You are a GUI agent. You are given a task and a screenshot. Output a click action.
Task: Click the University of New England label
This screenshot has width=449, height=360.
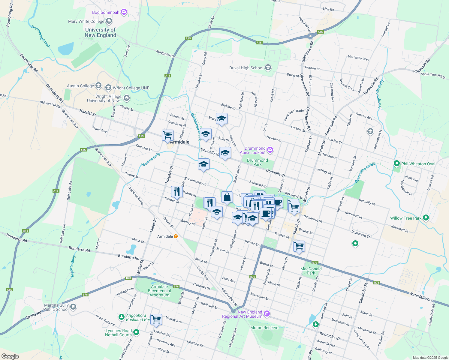(x=100, y=32)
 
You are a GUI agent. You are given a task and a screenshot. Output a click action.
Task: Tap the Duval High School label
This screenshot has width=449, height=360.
(x=246, y=68)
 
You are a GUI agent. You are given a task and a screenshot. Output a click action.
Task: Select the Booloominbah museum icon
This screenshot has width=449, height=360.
(x=124, y=12)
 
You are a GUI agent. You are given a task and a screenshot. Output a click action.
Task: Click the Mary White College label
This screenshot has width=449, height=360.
(x=86, y=21)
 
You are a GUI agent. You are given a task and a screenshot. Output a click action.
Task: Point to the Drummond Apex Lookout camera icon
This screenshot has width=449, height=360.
(x=270, y=150)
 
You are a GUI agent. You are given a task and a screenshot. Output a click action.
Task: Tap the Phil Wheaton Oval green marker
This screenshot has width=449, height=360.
(x=397, y=164)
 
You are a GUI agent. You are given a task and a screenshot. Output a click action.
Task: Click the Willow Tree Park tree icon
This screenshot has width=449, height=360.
(x=426, y=218)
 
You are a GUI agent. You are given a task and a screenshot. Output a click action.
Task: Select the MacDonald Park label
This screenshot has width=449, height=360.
(x=311, y=271)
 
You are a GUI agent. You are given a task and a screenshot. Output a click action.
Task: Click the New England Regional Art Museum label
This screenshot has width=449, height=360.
(x=242, y=314)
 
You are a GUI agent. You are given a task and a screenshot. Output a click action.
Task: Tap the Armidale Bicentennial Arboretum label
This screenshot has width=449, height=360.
(x=159, y=291)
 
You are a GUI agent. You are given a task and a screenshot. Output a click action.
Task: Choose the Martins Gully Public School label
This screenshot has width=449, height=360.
(x=56, y=307)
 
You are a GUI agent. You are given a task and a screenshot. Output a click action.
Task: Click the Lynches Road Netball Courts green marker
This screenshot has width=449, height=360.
(x=136, y=332)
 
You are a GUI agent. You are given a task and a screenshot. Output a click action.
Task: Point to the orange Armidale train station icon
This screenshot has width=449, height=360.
(x=176, y=236)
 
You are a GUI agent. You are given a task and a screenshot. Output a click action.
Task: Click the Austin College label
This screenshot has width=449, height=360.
(x=80, y=86)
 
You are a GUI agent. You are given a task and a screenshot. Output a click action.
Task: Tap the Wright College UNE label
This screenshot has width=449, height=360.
(x=131, y=88)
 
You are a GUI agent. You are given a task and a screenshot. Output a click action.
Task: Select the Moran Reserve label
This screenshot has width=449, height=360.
(x=264, y=328)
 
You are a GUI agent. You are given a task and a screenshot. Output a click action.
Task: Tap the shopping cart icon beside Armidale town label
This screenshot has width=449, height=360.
(x=167, y=135)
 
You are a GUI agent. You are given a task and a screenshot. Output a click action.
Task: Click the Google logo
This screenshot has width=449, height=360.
(x=10, y=356)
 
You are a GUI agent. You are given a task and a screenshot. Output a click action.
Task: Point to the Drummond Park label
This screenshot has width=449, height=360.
(x=258, y=162)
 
